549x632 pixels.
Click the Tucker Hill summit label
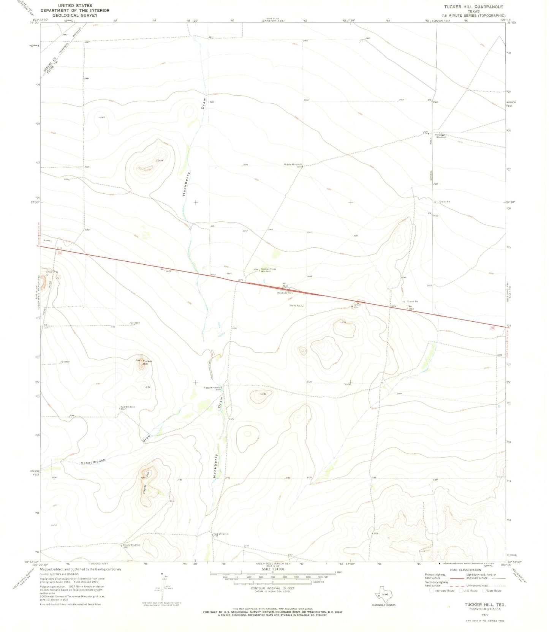pyautogui.click(x=147, y=362)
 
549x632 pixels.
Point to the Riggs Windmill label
pyautogui.click(x=212, y=388)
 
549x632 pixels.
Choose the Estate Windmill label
pyautogui.click(x=131, y=545)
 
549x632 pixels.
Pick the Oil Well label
pyautogui.click(x=65, y=362)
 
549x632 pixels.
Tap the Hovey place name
pyautogui.click(x=47, y=240)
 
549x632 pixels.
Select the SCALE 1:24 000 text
pyautogui.click(x=271, y=569)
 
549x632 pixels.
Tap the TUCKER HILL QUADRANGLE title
pyautogui.click(x=473, y=7)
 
